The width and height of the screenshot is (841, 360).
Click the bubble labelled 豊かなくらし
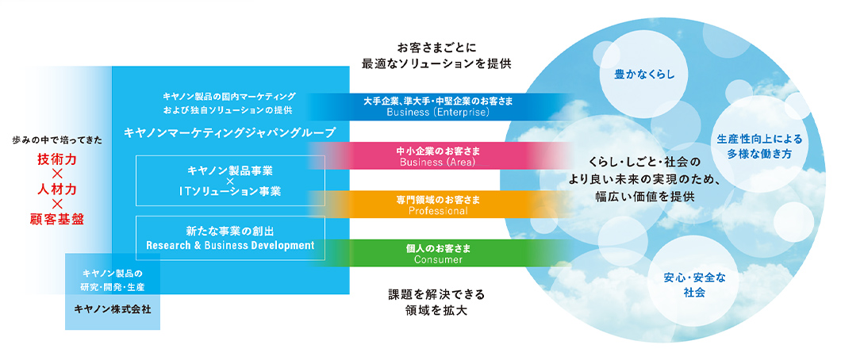(643, 75)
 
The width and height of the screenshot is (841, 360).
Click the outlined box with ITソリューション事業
(231, 181)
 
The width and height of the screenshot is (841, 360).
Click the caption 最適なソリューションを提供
(436, 63)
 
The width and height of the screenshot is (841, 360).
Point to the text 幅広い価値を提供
(644, 197)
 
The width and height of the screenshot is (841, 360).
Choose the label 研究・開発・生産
(112, 287)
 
